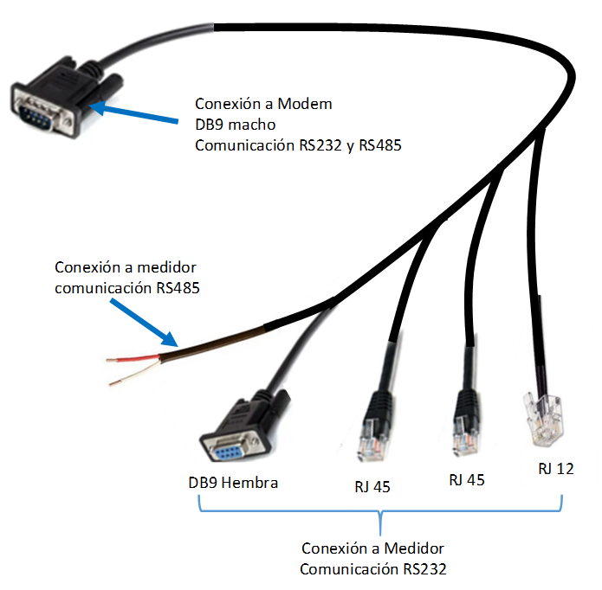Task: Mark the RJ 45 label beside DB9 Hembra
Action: (x=372, y=486)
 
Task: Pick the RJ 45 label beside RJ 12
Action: (x=466, y=479)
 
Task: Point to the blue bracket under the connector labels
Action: (x=381, y=514)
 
